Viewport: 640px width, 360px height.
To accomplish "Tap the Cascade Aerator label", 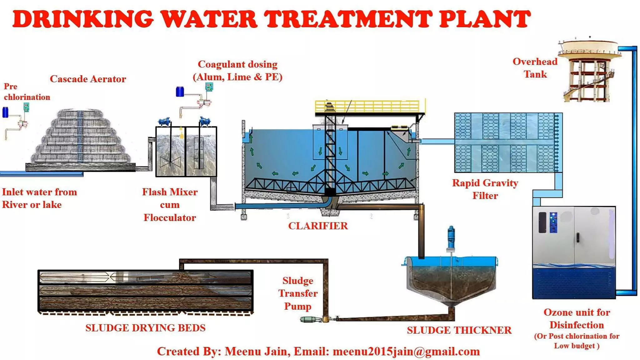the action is tap(88, 79).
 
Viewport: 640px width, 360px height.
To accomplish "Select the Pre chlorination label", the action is tap(27, 92).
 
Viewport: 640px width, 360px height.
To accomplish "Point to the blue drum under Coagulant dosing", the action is tap(180, 92).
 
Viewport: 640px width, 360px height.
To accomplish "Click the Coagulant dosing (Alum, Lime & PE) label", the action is tap(237, 71).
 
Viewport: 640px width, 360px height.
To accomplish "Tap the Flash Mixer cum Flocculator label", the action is tap(170, 205).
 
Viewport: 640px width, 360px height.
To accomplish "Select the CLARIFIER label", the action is tap(318, 226).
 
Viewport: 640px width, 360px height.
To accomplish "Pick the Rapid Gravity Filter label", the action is tap(485, 189).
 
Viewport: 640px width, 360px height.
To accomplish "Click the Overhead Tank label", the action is tap(535, 68).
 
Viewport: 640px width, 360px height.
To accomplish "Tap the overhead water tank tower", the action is tap(587, 72).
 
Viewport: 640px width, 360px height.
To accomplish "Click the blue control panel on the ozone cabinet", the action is tap(553, 222).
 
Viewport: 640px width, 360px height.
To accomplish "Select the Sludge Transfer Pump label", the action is tap(298, 293).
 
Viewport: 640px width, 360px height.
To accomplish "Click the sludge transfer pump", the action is tap(311, 319).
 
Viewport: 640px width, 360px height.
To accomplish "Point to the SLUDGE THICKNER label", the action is tap(459, 330).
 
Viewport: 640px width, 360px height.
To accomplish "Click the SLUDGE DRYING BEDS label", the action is tap(145, 328).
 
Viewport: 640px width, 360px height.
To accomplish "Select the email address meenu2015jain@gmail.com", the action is tap(406, 352).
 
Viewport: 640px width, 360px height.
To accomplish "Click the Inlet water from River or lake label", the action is tap(39, 198).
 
